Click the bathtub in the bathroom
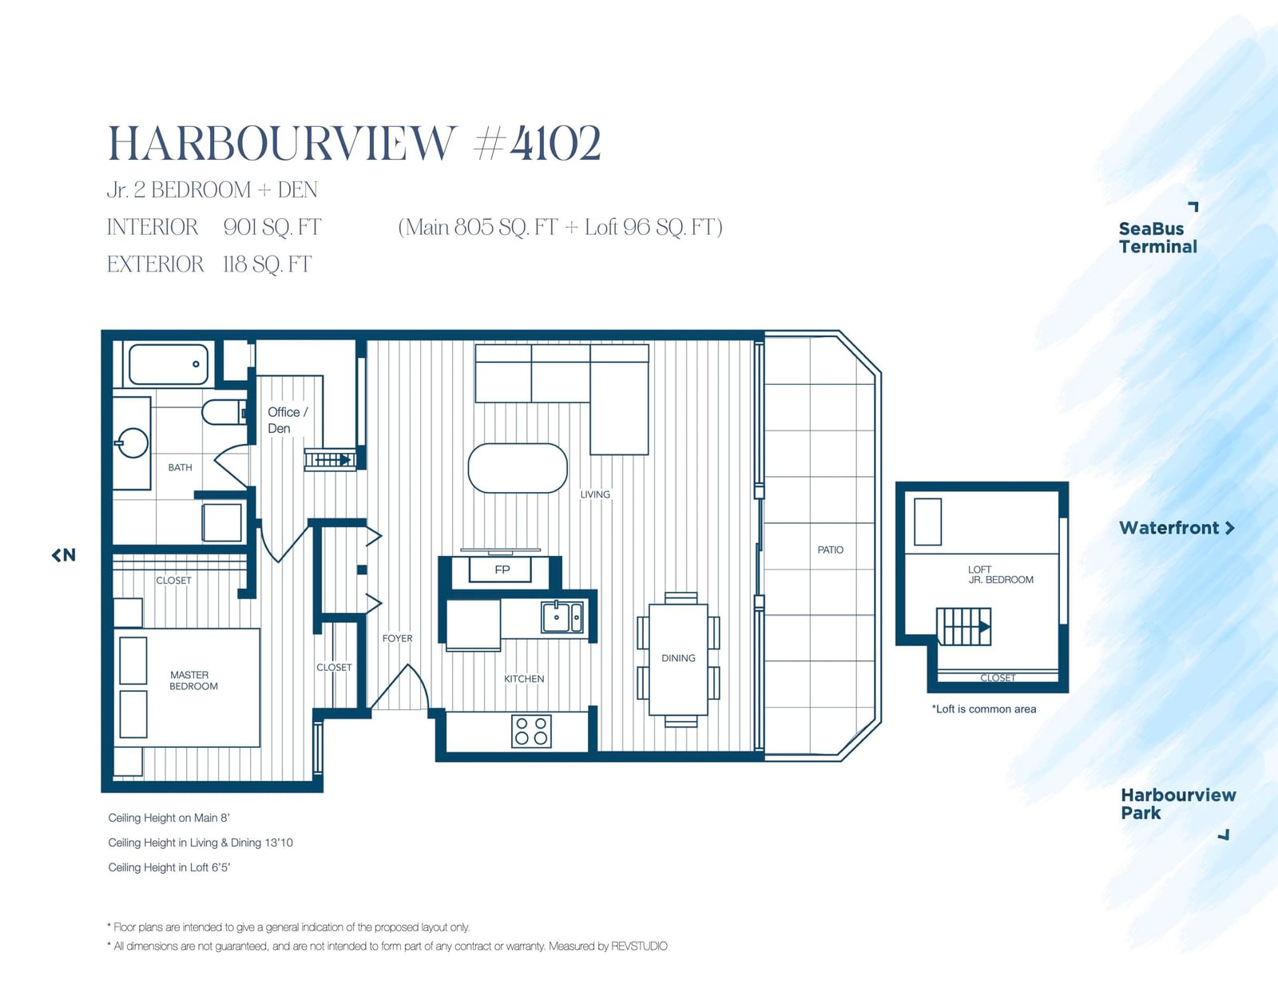(x=169, y=364)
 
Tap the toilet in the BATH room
(x=224, y=412)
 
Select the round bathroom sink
(x=133, y=442)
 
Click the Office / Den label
(x=288, y=420)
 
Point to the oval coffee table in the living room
(x=518, y=468)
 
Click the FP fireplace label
(x=502, y=569)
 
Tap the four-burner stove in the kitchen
(x=532, y=731)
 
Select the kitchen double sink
(x=562, y=617)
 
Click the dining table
(x=679, y=659)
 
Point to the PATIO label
(x=831, y=550)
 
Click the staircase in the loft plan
(x=963, y=627)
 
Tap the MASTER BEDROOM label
(x=193, y=680)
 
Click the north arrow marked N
(x=64, y=554)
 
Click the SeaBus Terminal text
(x=1157, y=237)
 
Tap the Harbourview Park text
(x=1178, y=804)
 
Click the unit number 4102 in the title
(x=555, y=143)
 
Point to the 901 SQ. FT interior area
(x=272, y=228)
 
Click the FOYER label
(x=398, y=638)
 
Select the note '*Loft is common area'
(x=984, y=709)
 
